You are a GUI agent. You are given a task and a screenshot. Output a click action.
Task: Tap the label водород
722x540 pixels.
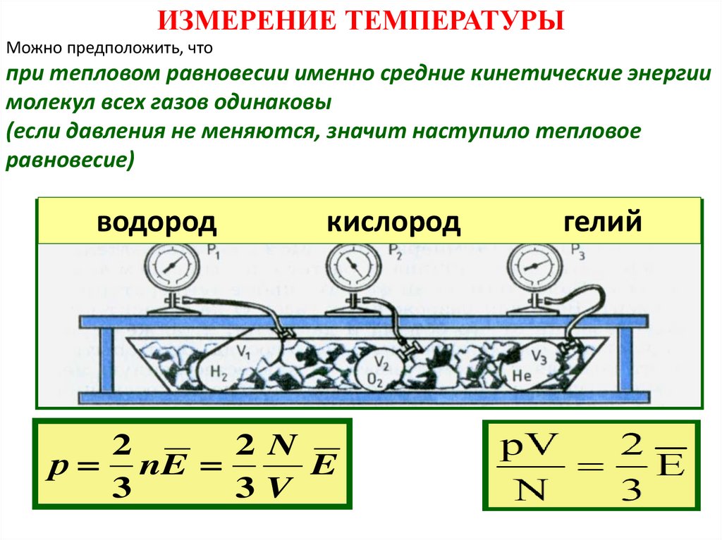(x=157, y=222)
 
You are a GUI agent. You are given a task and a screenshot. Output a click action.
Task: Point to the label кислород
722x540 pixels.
(x=393, y=222)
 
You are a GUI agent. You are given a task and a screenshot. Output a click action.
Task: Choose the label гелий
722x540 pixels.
(x=603, y=222)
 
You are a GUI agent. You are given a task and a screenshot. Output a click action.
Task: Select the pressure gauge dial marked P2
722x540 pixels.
(x=351, y=267)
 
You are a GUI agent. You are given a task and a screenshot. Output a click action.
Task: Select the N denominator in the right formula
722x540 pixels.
(x=531, y=487)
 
